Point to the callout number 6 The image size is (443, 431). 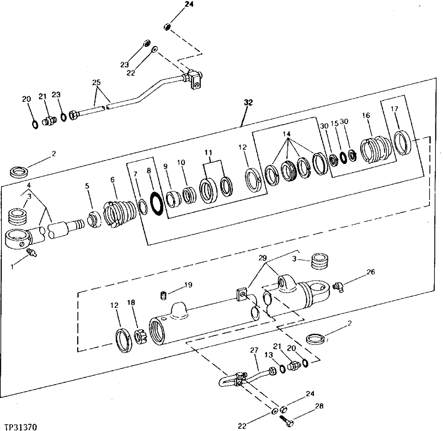point(112,179)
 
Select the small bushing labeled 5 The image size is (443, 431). point(94,218)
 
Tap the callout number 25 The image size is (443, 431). point(96,82)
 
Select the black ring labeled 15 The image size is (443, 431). point(344,157)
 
